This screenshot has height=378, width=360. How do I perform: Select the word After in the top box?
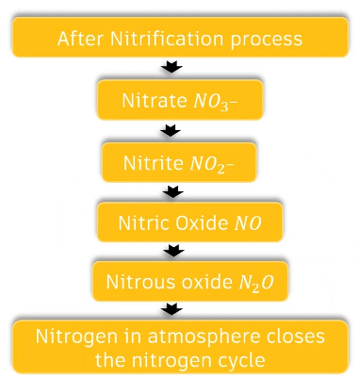[x=79, y=39]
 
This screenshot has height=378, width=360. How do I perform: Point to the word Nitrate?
[x=149, y=99]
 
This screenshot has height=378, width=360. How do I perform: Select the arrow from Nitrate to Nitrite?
[x=172, y=130]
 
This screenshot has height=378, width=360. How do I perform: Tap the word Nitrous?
[x=137, y=282]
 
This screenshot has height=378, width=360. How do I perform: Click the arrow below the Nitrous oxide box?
[x=172, y=310]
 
